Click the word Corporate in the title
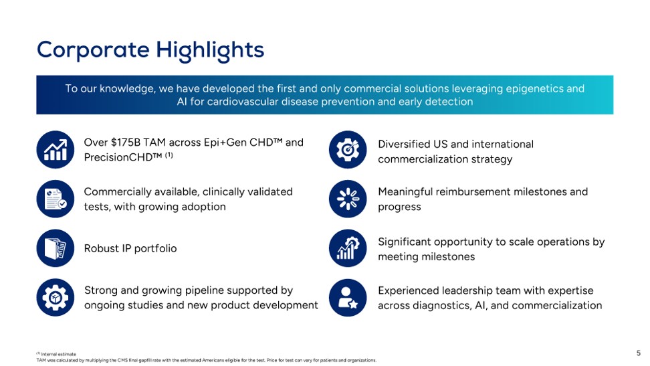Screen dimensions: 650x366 (x=93, y=50)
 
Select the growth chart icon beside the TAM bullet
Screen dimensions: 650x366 (x=55, y=149)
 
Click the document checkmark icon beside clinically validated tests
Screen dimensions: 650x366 (x=55, y=199)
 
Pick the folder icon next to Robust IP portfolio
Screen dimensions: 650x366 (x=55, y=248)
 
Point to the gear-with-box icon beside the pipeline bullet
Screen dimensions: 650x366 (x=55, y=298)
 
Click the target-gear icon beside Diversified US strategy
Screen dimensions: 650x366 (x=348, y=149)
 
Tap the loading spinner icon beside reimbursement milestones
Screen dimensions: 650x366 (x=348, y=199)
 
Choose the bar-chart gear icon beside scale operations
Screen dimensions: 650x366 (x=348, y=248)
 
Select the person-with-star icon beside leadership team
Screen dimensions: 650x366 (x=348, y=298)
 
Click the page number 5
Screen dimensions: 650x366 (x=639, y=353)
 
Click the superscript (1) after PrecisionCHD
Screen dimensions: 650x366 (x=169, y=155)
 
